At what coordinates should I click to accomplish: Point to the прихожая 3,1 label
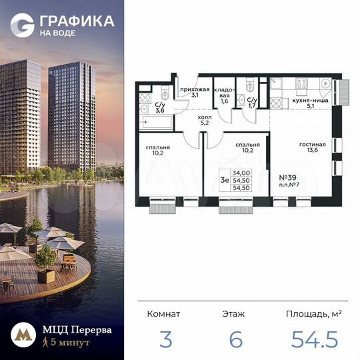click(196, 92)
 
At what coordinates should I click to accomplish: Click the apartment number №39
click(287, 178)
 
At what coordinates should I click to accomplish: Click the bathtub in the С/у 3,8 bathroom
click(153, 122)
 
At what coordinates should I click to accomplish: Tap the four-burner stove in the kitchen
click(301, 85)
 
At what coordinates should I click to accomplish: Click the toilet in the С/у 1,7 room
click(249, 86)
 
